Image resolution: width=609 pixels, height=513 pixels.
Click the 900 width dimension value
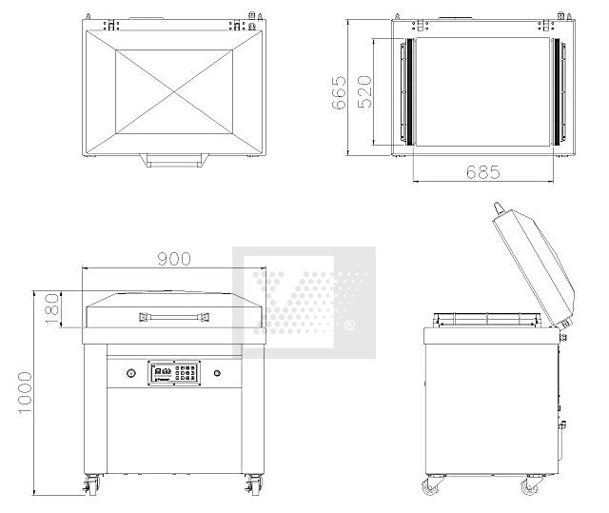(x=174, y=259)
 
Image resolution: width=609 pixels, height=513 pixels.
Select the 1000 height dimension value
(x=26, y=393)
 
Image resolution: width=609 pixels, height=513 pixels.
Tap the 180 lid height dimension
(x=52, y=309)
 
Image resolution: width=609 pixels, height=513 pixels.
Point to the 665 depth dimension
(x=339, y=92)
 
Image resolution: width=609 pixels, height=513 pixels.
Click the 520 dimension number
(x=364, y=91)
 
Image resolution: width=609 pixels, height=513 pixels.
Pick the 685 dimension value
(x=483, y=172)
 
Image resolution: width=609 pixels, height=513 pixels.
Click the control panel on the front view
(x=174, y=373)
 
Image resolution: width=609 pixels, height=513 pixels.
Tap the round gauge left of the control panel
(x=131, y=373)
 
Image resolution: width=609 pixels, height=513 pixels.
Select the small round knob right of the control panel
(x=217, y=373)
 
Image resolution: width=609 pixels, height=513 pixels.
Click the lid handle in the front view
(x=174, y=317)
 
